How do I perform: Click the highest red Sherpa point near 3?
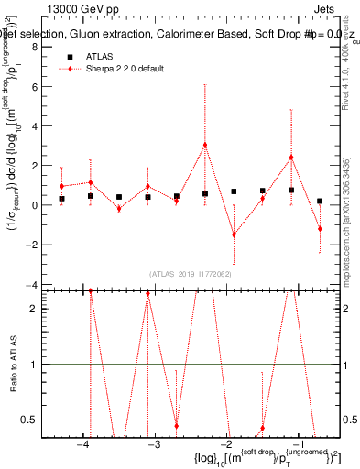(x=205, y=145)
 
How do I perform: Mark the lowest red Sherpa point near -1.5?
(x=234, y=234)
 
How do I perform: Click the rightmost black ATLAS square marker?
(x=320, y=201)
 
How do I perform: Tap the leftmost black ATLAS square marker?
(x=61, y=199)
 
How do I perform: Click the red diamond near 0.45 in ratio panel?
(x=176, y=426)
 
